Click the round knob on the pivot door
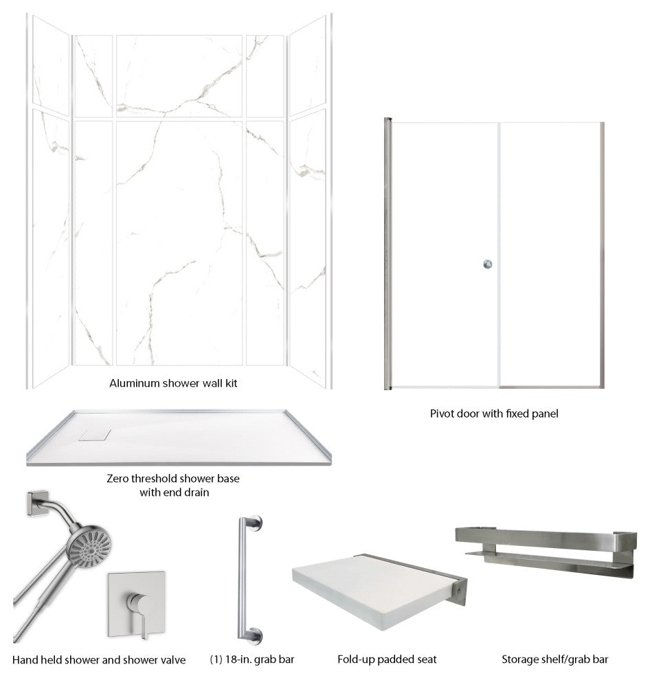coord(488,264)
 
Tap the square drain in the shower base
coord(95,435)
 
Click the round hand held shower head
coord(90,547)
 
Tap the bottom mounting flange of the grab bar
coord(256,635)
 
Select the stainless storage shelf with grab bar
coord(546,551)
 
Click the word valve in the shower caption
coord(172,660)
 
